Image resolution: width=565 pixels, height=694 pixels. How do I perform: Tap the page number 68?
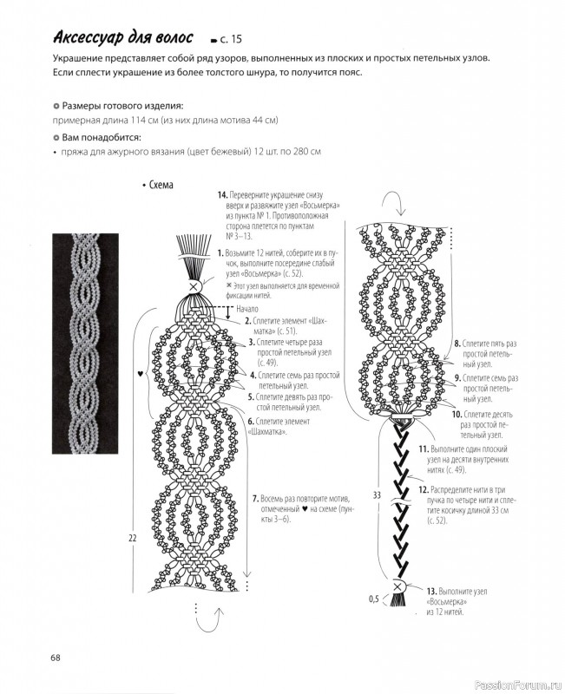point(55,657)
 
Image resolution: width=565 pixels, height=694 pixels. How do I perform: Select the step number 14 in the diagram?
point(222,195)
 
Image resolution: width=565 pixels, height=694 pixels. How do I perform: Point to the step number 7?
point(255,500)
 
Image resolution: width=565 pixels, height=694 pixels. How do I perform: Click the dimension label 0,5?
point(374,599)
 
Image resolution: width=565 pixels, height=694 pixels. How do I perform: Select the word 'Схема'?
point(161,185)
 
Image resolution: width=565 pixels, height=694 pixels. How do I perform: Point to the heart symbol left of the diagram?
point(140,373)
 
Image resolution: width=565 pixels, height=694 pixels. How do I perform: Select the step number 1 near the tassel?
point(220,252)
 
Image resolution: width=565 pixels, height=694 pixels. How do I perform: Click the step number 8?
point(457,344)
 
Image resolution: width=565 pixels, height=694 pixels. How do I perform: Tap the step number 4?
point(253,375)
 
